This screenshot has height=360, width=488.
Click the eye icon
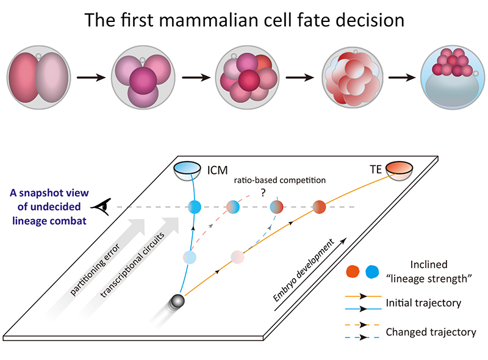[x=107, y=207]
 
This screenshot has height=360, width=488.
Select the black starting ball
[x=178, y=301]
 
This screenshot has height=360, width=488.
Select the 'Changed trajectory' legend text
[x=431, y=332]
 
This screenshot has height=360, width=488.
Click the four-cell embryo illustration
[x=143, y=79]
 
